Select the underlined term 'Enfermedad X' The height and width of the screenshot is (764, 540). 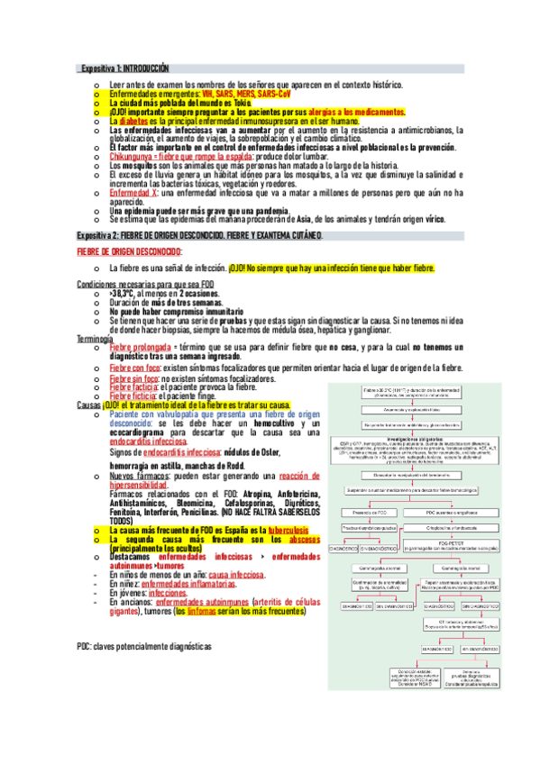tap(133, 193)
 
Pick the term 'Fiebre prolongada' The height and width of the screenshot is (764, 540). tap(140, 347)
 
